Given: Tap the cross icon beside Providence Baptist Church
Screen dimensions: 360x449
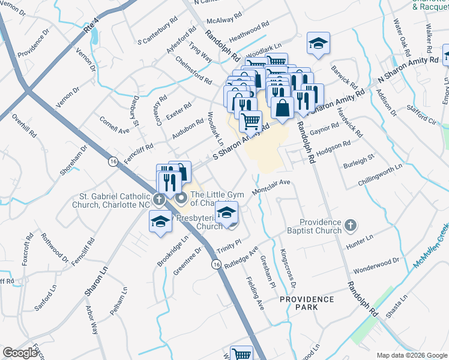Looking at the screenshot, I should [x=351, y=226].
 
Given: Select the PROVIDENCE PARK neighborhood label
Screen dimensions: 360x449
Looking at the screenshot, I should [x=306, y=303].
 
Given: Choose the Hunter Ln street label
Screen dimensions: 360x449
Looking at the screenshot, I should [x=360, y=242].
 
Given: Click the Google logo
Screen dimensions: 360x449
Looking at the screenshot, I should [x=20, y=353].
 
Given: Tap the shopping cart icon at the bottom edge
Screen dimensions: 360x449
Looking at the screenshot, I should [x=241, y=353].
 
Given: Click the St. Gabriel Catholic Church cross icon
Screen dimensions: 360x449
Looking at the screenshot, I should [x=159, y=199].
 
